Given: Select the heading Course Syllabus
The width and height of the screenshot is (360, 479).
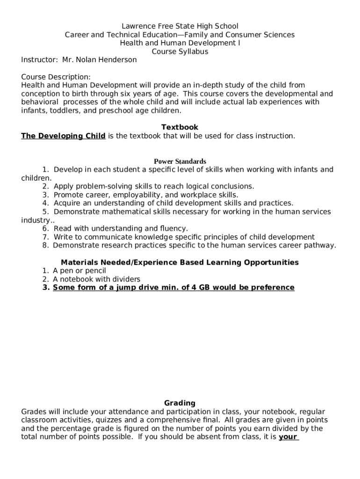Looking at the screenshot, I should click(x=180, y=51).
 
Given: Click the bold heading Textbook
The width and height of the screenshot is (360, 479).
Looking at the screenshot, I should click(x=180, y=127).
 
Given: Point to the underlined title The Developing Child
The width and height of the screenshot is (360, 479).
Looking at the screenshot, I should click(x=63, y=136).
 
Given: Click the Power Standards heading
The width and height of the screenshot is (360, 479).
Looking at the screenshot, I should click(x=180, y=161).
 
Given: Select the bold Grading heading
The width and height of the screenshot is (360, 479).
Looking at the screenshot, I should click(x=180, y=403).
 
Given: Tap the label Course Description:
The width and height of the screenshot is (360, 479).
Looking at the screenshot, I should click(x=56, y=77).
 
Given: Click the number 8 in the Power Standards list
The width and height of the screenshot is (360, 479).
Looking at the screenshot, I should click(x=45, y=246).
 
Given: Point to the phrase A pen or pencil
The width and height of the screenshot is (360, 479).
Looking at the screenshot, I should click(x=79, y=271).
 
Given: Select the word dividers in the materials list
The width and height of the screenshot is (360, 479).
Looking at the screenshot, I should click(x=125, y=279).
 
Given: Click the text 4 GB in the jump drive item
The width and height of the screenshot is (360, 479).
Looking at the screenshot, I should click(x=201, y=288).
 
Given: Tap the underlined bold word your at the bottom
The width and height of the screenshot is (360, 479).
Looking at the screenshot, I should click(x=288, y=437).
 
